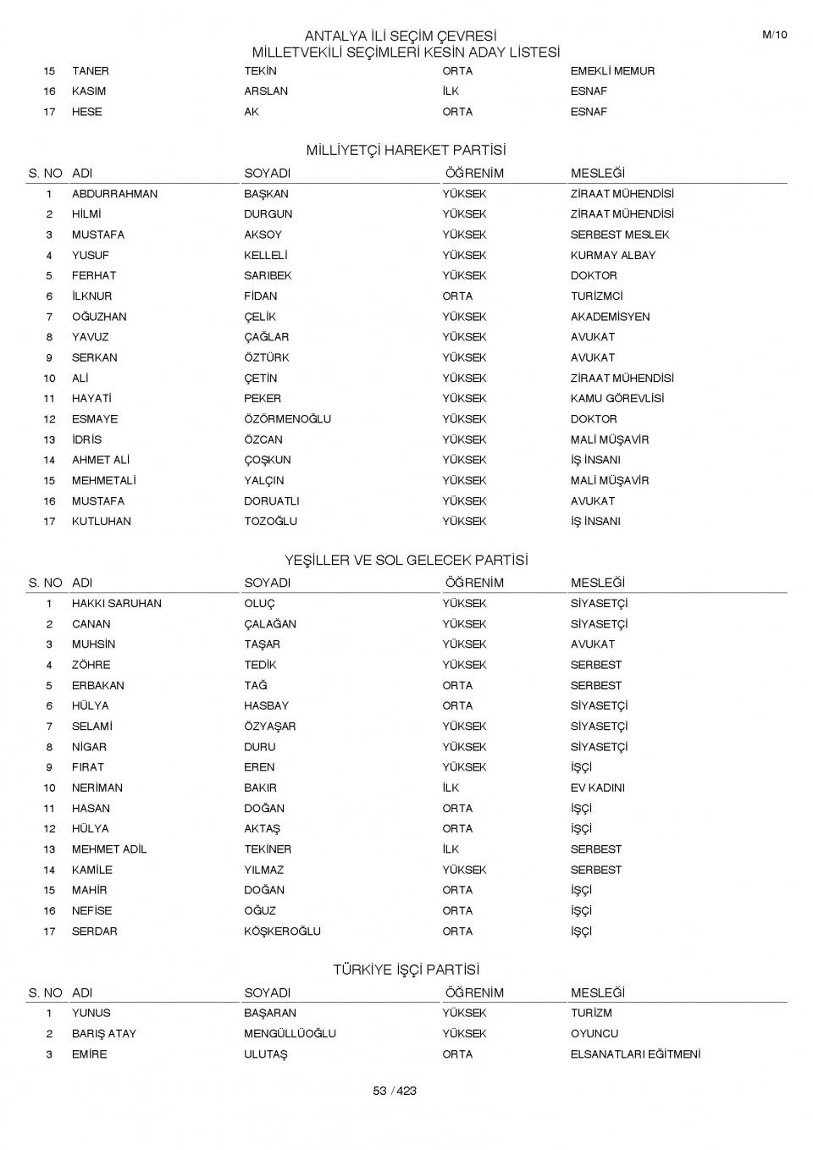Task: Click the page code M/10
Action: tap(774, 35)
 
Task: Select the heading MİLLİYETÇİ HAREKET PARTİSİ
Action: tap(406, 150)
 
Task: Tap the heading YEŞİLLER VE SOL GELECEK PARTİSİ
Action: tap(406, 560)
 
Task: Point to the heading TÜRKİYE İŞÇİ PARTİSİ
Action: tap(406, 970)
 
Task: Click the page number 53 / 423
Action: tap(395, 1091)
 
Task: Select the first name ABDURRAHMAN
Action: tap(114, 194)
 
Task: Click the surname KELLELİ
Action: tap(266, 255)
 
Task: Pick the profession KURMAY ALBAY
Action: tap(612, 255)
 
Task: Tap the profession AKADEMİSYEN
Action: tap(610, 317)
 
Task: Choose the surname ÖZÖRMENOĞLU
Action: tap(287, 419)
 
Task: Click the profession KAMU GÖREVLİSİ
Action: tap(617, 398)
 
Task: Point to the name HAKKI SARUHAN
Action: tap(116, 604)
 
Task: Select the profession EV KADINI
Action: tap(597, 788)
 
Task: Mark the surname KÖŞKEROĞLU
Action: tap(282, 932)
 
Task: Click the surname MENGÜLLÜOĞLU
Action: tap(290, 1034)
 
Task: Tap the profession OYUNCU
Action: tap(594, 1034)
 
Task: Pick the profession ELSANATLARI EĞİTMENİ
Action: tap(635, 1054)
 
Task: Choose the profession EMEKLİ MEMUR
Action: tap(612, 71)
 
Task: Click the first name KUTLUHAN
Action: tap(101, 522)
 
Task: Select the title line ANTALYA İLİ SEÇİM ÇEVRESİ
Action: tap(400, 36)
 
